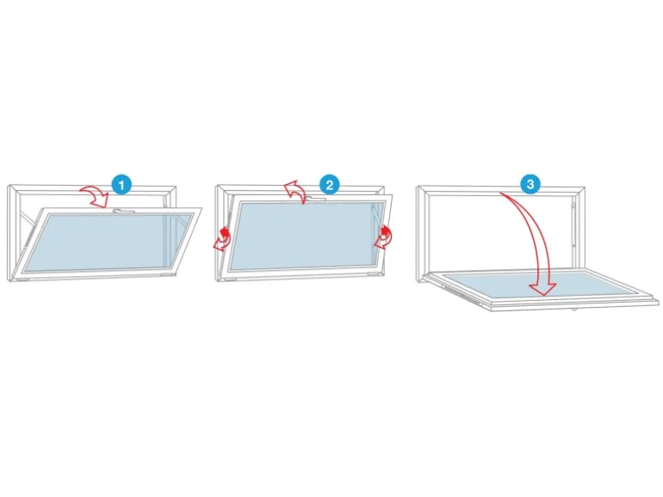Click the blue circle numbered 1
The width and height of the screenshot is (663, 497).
click(121, 185)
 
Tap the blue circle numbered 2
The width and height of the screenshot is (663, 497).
click(330, 185)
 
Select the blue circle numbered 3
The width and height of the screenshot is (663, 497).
click(530, 184)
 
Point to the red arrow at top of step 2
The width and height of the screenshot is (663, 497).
click(296, 191)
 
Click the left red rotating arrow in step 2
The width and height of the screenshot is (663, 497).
click(223, 240)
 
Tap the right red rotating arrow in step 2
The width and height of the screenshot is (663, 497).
click(383, 237)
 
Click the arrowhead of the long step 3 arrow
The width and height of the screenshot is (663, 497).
click(543, 289)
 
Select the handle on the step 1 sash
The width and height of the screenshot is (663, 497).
click(124, 210)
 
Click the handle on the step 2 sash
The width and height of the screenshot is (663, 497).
click(315, 198)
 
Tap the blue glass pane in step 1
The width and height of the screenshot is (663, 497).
click(106, 242)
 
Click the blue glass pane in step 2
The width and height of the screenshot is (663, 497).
click(305, 236)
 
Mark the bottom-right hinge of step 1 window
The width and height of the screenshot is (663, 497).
click(167, 274)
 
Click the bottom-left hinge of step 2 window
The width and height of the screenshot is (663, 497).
click(231, 279)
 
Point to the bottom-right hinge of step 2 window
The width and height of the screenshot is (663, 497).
click(375, 274)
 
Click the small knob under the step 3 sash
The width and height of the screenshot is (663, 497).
click(573, 310)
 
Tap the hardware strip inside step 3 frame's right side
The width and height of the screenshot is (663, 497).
click(573, 224)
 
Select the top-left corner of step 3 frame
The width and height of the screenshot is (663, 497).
click(417, 186)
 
